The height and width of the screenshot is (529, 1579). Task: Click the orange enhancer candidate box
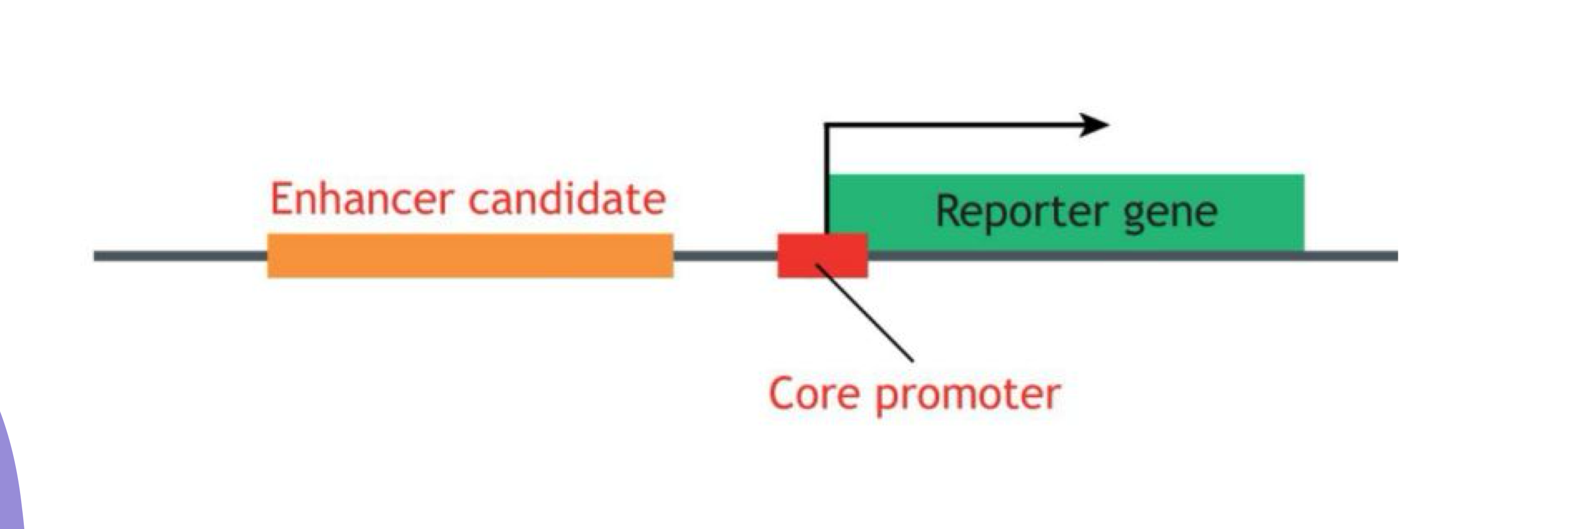pyautogui.click(x=470, y=256)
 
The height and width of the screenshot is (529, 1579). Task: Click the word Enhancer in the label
pyautogui.click(x=362, y=199)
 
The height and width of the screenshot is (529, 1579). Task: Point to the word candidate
pyautogui.click(x=567, y=199)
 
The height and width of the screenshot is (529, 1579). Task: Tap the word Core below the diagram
pyautogui.click(x=813, y=394)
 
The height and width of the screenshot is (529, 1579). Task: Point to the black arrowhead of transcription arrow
pyautogui.click(x=1094, y=125)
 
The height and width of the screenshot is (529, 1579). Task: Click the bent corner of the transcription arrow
pyautogui.click(x=827, y=126)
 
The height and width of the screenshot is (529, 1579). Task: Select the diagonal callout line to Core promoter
pyautogui.click(x=864, y=313)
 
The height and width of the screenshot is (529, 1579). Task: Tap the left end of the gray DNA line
pyautogui.click(x=98, y=256)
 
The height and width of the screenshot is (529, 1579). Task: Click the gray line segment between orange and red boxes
pyautogui.click(x=725, y=256)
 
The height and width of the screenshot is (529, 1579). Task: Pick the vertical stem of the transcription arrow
pyautogui.click(x=827, y=178)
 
